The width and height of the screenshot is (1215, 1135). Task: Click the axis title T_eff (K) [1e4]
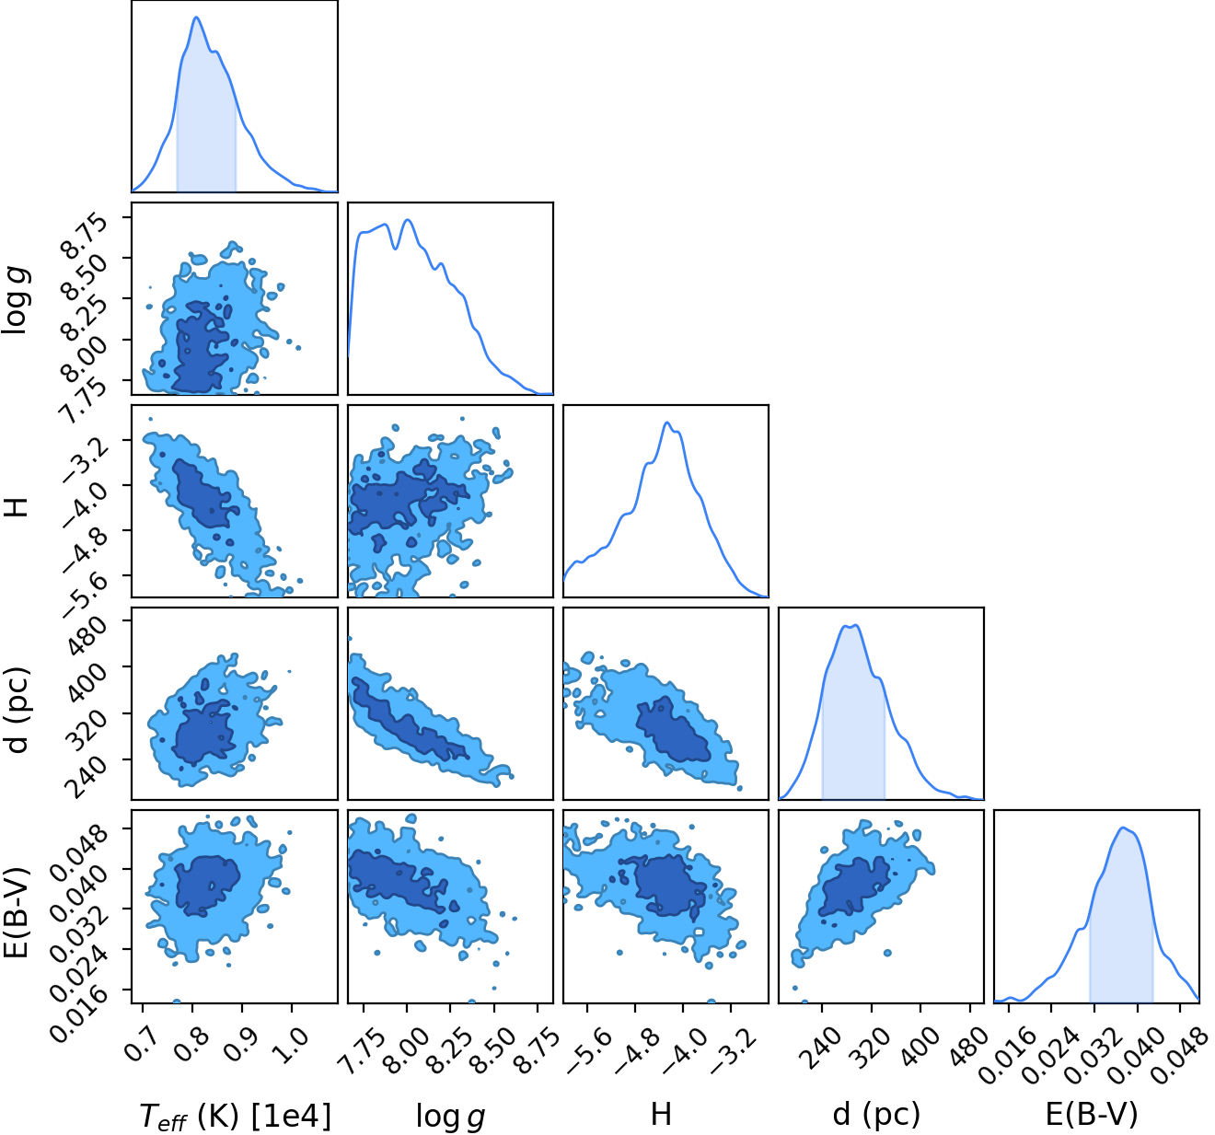[x=236, y=1115]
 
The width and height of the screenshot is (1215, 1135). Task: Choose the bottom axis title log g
[x=450, y=1116]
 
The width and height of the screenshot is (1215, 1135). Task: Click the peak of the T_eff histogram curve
[x=196, y=17]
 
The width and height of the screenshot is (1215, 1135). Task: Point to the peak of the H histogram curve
[x=667, y=423]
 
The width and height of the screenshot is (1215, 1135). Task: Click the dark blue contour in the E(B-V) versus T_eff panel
[x=207, y=886]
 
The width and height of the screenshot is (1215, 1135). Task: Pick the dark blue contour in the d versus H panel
[x=673, y=729]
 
